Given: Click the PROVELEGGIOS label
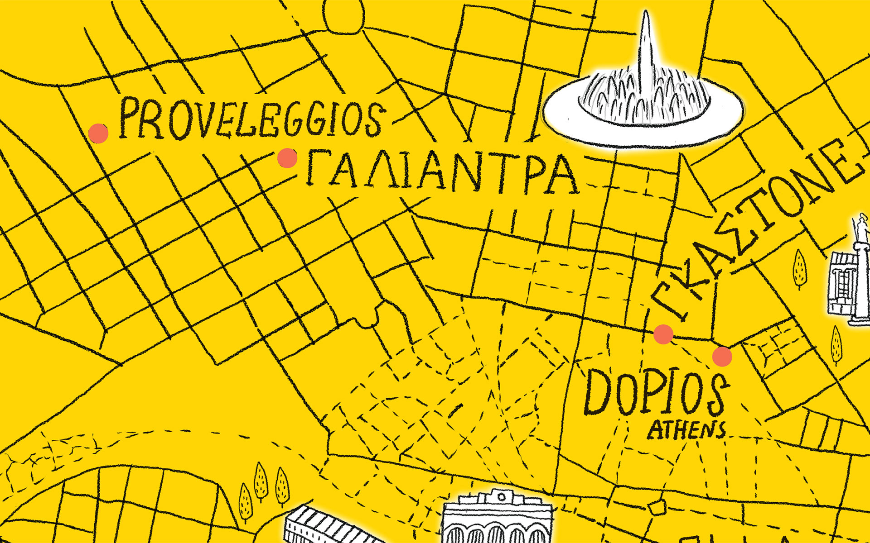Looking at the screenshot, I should click(x=251, y=119).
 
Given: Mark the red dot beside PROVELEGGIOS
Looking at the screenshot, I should click(x=98, y=133).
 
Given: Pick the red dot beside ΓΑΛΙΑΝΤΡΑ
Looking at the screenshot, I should click(x=287, y=158).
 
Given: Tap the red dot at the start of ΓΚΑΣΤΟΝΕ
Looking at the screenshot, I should click(x=663, y=334).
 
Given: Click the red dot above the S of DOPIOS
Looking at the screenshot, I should click(x=722, y=357).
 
